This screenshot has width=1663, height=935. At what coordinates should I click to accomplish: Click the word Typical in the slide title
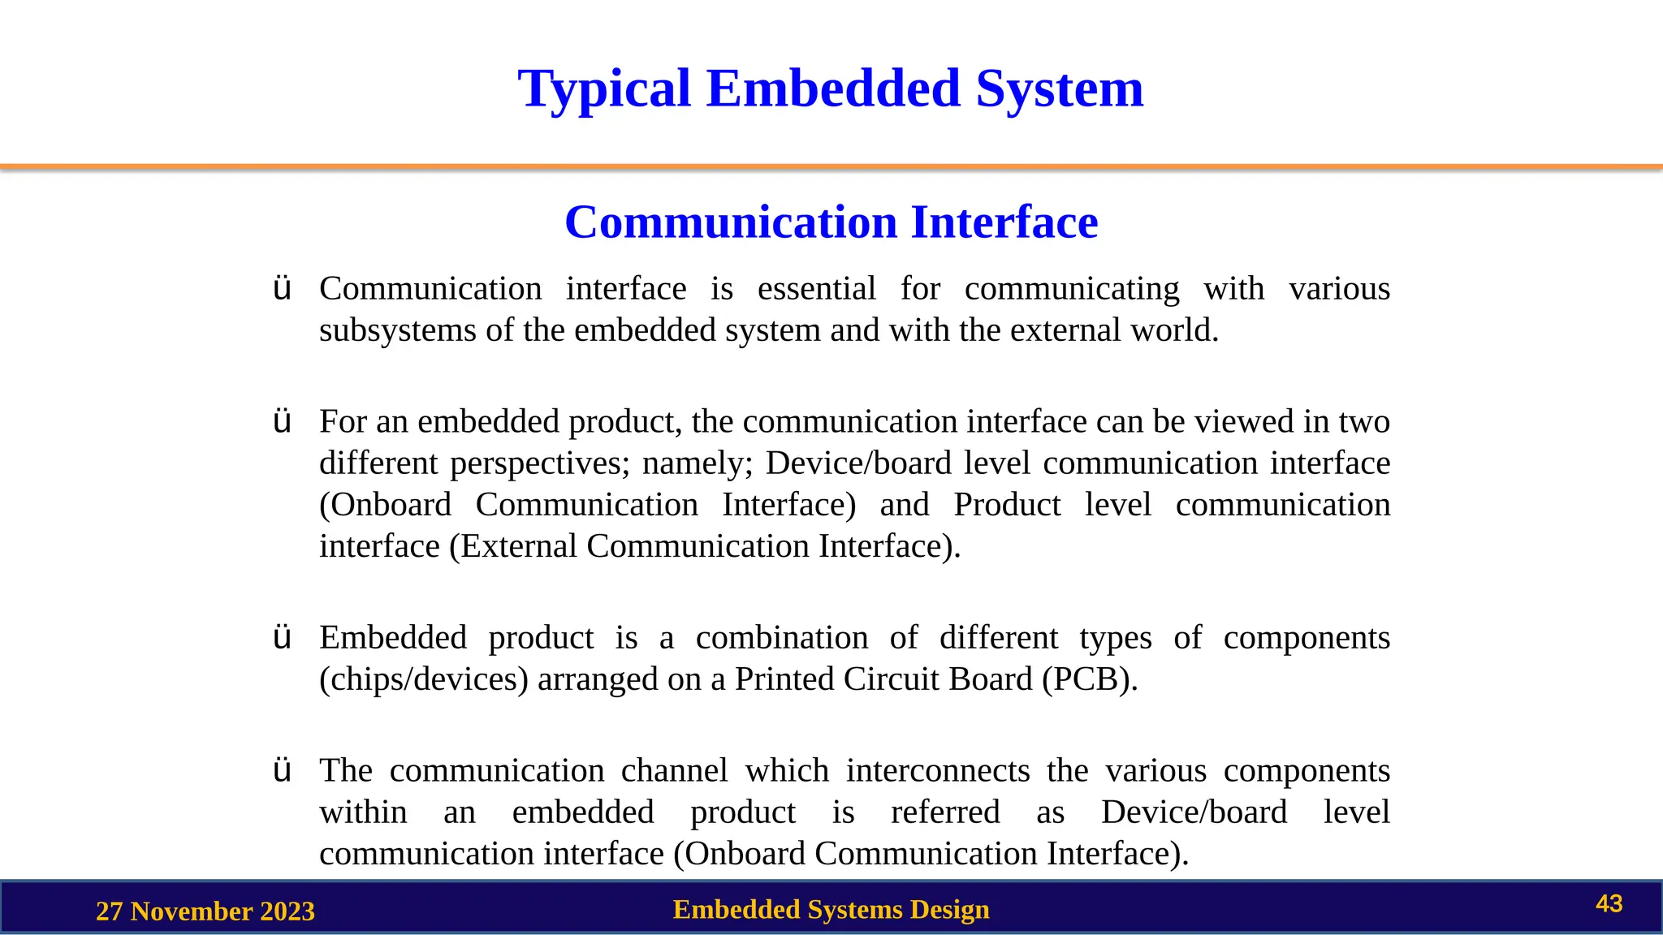pos(604,89)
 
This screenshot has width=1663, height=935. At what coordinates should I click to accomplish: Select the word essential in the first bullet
pos(816,289)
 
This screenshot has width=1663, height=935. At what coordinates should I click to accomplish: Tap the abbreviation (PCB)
pos(1090,679)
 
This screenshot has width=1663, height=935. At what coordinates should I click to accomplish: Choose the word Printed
pos(784,679)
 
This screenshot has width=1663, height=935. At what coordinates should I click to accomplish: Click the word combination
pos(782,638)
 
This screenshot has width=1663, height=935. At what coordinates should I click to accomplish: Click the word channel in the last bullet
pos(674,770)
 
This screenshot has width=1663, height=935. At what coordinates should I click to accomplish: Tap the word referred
pos(945,812)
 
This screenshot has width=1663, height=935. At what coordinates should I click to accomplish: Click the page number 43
pos(1609,904)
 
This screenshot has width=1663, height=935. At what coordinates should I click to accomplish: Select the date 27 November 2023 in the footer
pos(205,911)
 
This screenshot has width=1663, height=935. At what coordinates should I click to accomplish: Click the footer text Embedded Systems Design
pos(831,910)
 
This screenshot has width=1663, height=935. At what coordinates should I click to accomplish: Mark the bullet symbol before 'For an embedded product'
pos(282,422)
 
